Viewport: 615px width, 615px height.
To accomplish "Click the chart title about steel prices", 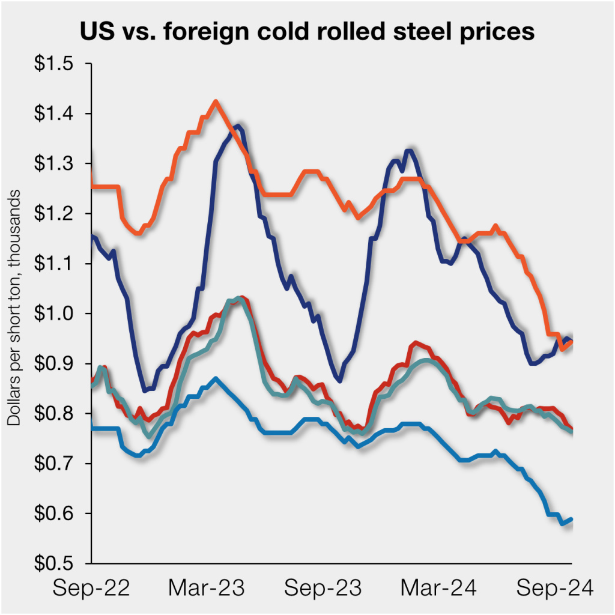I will [307, 32].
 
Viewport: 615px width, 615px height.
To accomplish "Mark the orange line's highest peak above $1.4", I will [216, 101].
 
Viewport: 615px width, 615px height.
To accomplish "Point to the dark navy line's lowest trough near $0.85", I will [145, 390].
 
